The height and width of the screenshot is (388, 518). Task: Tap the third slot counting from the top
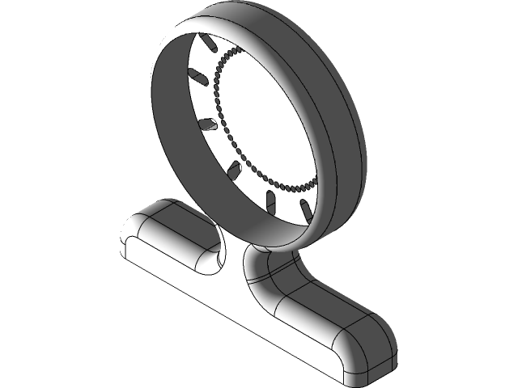[x=207, y=124]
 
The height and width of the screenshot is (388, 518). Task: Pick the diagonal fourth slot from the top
[x=234, y=169]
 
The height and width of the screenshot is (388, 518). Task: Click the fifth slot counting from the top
[x=271, y=200]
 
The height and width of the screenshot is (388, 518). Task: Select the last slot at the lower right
[x=306, y=209]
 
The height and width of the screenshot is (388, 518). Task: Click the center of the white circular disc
[x=267, y=117]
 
